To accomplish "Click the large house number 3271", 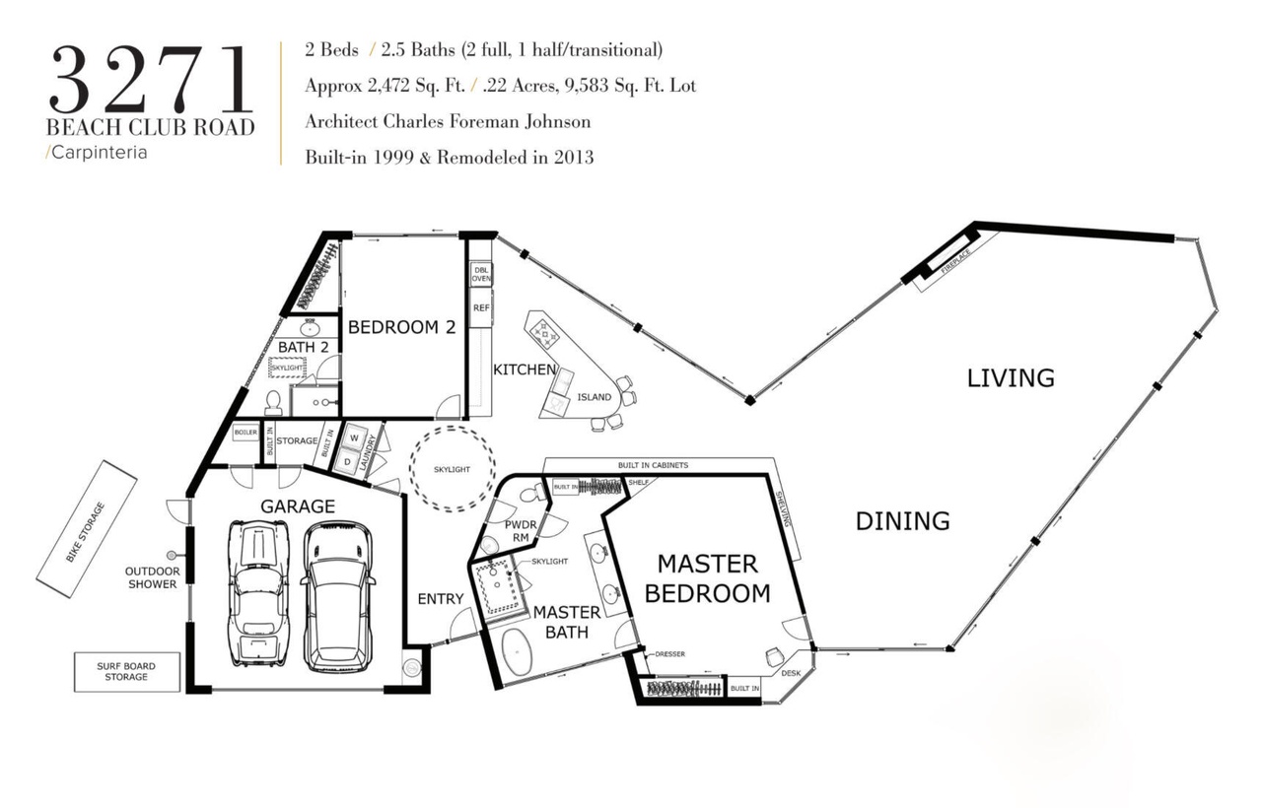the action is (x=151, y=80).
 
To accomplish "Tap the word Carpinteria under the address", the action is (x=100, y=153).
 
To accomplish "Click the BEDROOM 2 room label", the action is (x=401, y=327).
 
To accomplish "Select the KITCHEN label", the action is (x=525, y=370).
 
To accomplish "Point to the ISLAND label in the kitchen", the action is (x=594, y=397).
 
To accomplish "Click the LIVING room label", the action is (x=1011, y=378).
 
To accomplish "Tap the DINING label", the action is (x=902, y=521).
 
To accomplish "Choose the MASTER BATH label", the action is (x=567, y=622).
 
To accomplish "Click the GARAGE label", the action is (x=298, y=506).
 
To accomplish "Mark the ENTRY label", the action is (x=441, y=599).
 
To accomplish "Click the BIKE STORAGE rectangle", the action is (x=87, y=529).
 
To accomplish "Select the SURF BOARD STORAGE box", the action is (x=127, y=672).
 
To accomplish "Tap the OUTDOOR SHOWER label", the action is (x=152, y=577).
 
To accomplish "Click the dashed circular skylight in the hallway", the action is (x=452, y=428).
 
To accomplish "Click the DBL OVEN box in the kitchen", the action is (x=480, y=274).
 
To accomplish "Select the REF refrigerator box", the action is (x=481, y=308).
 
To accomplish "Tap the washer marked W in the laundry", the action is (x=354, y=438).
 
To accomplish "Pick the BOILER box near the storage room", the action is (x=245, y=433).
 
